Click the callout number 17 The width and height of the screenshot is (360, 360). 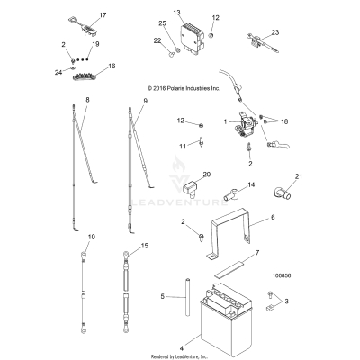102,16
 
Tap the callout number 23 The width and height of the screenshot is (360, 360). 274,32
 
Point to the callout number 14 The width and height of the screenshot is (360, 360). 226,184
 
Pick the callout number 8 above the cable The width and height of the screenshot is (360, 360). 86,99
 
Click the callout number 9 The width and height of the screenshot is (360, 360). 141,102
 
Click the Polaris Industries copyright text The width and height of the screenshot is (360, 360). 195,88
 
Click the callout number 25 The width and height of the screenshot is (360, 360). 162,22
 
